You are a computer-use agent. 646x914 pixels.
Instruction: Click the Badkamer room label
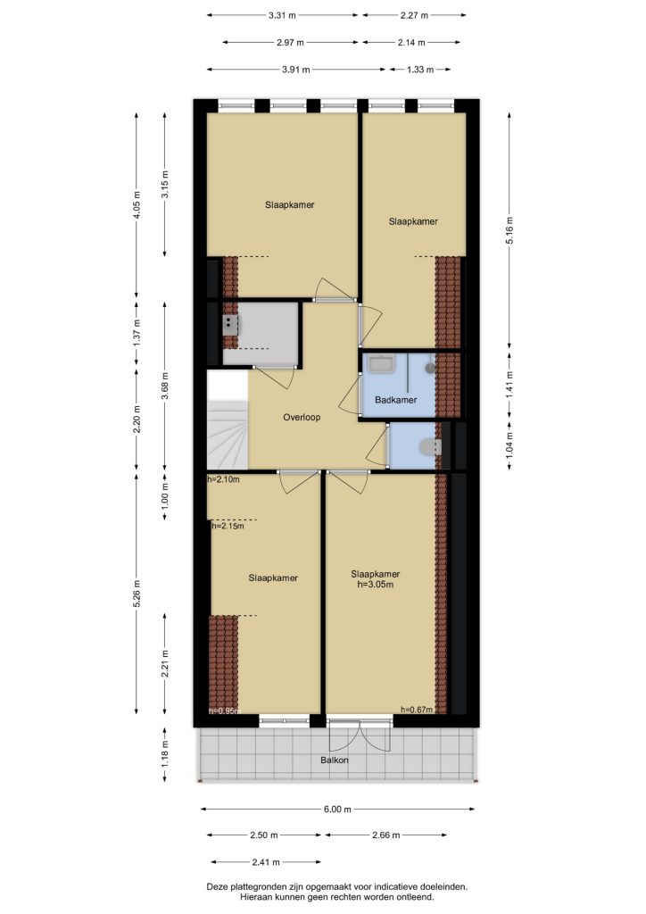point(395,400)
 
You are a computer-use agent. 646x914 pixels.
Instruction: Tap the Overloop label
point(302,418)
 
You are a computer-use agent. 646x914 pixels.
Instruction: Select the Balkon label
point(335,760)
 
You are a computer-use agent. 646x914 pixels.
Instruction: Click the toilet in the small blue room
point(430,447)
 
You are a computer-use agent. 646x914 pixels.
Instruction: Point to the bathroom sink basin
point(381,364)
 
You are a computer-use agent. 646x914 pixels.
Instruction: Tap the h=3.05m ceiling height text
point(375,584)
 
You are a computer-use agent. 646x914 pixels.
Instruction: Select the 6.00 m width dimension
point(338,809)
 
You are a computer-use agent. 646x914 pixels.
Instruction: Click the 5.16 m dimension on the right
point(509,230)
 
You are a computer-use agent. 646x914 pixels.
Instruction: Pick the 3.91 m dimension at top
point(296,70)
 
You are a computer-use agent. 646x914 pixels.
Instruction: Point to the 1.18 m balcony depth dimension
point(165,755)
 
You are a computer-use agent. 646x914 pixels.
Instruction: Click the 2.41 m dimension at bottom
point(266,862)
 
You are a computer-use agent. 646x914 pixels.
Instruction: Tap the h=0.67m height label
point(417,710)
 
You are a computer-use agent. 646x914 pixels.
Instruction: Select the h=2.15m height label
point(228,526)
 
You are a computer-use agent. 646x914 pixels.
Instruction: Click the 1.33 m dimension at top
point(420,70)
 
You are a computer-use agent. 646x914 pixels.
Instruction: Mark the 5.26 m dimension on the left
point(137,594)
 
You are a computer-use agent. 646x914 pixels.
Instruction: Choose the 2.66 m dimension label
point(385,835)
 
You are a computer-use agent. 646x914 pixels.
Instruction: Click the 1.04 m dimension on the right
point(509,446)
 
